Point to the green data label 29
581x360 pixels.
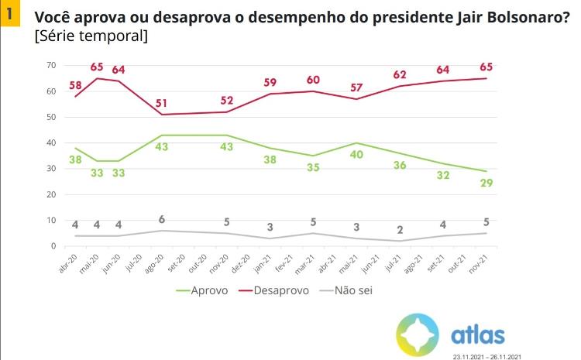point(486,183)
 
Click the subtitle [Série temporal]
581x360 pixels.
point(91,36)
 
